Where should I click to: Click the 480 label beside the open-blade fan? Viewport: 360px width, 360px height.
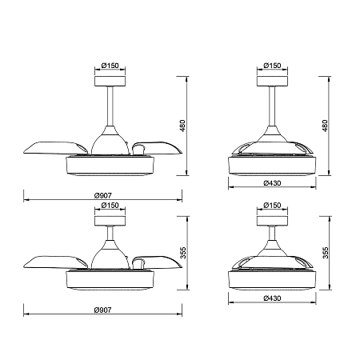[x=182, y=126]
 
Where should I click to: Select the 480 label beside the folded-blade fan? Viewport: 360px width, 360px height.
[x=325, y=126]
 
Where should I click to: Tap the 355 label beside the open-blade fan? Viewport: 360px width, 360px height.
[x=183, y=253]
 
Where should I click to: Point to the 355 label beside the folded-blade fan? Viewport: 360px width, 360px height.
[x=326, y=253]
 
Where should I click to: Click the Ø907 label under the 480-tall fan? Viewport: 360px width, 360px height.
[x=103, y=195]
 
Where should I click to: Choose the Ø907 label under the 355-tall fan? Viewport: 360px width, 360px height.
[x=103, y=310]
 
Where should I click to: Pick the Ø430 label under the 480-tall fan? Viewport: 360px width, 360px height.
[x=272, y=183]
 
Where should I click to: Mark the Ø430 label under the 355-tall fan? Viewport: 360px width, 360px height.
[x=272, y=298]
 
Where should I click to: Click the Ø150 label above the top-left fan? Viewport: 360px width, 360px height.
[x=110, y=66]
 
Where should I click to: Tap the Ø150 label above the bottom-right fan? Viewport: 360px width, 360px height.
[x=272, y=205]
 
